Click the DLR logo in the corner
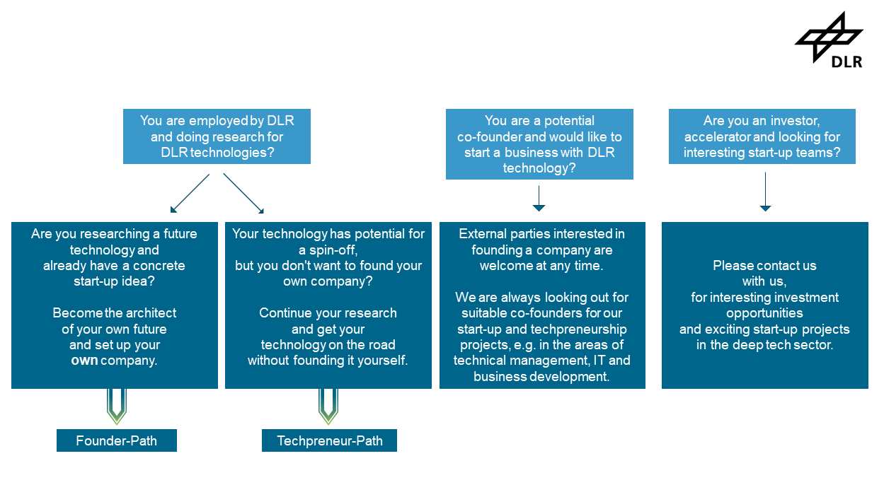[x=830, y=40]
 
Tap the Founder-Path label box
[x=117, y=440]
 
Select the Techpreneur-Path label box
[x=329, y=440]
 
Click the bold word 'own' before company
[x=84, y=361]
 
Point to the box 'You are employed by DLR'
[x=217, y=136]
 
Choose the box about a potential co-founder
[x=539, y=144]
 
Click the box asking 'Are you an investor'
[x=762, y=136]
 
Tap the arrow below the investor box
[x=765, y=192]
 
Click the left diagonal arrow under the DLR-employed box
[x=190, y=194]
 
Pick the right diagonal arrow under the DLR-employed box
[x=243, y=194]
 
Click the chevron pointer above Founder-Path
[x=116, y=406]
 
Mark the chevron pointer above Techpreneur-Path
[x=328, y=406]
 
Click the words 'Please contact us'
[x=764, y=266]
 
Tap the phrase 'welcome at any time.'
[x=542, y=266]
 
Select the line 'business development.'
[x=541, y=377]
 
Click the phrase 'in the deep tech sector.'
[x=764, y=345]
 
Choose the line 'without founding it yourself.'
[x=328, y=361]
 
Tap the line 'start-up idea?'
[x=115, y=282]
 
